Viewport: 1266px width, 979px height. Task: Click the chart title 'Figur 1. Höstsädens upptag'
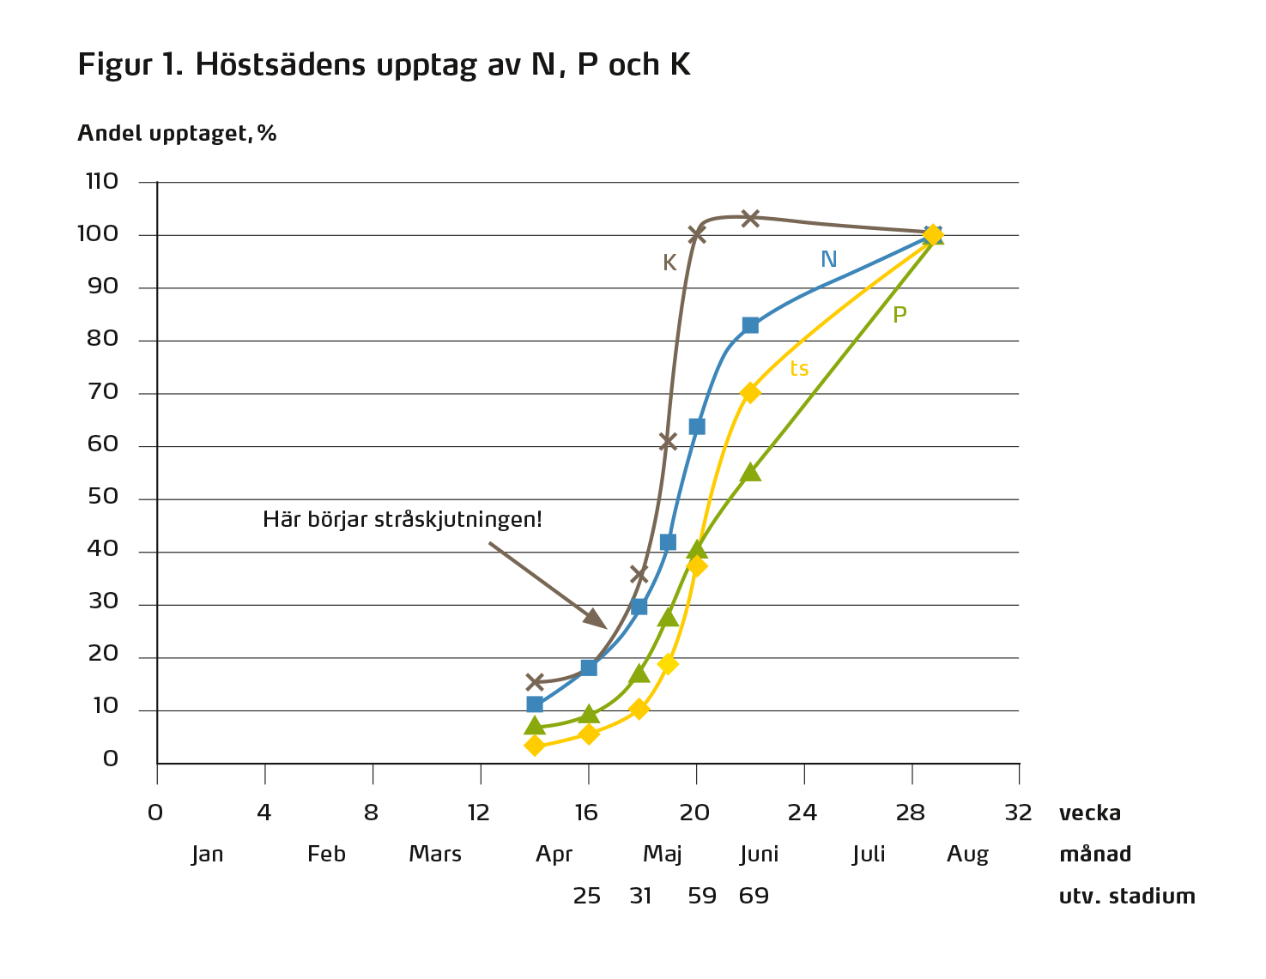coord(384,65)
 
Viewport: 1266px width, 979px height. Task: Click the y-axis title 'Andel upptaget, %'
coord(178,133)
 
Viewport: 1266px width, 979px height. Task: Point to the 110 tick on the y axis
coord(102,182)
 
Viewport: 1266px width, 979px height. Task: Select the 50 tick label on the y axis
coord(102,498)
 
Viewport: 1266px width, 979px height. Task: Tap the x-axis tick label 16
coord(587,813)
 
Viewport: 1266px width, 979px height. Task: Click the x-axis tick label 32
coord(1018,813)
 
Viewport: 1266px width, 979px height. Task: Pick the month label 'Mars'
coord(435,855)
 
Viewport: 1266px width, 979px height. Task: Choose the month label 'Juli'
coord(869,855)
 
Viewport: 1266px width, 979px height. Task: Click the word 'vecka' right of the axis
coord(1090,813)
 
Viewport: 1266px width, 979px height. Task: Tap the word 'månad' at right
coord(1095,855)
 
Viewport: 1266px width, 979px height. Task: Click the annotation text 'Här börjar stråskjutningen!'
coord(403,520)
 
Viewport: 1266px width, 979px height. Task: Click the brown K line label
coord(669,263)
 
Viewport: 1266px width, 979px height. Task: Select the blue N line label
coord(828,259)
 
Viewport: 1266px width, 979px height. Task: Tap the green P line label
coord(900,315)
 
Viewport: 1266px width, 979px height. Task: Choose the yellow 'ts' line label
coord(799,369)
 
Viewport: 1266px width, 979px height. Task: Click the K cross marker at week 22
coord(750,218)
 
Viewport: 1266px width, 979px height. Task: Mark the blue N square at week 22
coord(750,325)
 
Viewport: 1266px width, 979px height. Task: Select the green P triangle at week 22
coord(750,472)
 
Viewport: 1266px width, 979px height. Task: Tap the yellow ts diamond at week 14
coord(535,746)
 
